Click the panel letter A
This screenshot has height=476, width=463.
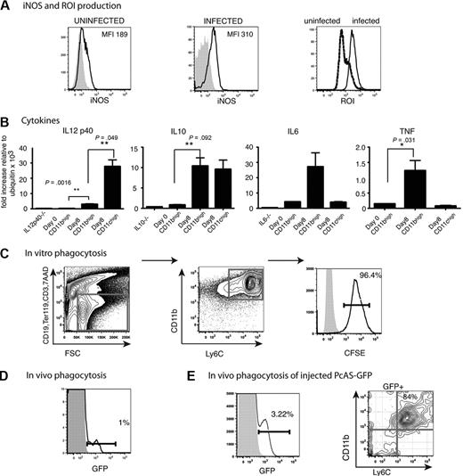6,7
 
